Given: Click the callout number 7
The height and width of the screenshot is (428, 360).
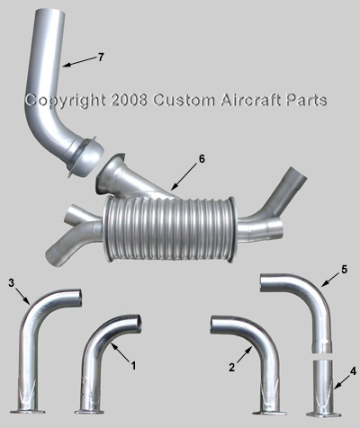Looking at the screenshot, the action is click(101, 57).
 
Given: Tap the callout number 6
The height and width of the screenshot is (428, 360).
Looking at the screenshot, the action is click(202, 159).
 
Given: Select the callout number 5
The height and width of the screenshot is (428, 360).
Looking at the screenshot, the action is click(344, 270).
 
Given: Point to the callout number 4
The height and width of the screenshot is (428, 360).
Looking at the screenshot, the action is click(353, 371).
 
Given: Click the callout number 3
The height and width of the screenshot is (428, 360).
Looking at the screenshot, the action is click(12, 283).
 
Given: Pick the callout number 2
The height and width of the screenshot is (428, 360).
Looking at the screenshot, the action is click(231, 367).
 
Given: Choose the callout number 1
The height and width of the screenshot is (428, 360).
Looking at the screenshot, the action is click(133, 365).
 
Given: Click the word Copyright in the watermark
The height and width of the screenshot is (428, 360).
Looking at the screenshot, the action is click(65, 101).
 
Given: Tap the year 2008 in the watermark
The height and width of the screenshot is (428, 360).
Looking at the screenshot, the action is click(129, 100).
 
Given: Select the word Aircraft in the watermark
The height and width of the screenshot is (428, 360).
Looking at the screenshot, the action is click(250, 100).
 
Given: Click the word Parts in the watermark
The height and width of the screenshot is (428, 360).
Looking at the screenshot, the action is click(306, 100).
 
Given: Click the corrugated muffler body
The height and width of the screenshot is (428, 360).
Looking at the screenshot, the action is click(169, 228).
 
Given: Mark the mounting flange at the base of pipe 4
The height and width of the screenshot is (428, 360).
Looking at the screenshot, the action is click(323, 415).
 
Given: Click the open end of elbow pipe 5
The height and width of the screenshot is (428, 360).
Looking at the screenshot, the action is click(262, 282).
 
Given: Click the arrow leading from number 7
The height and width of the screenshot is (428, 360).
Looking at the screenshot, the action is click(80, 61).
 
